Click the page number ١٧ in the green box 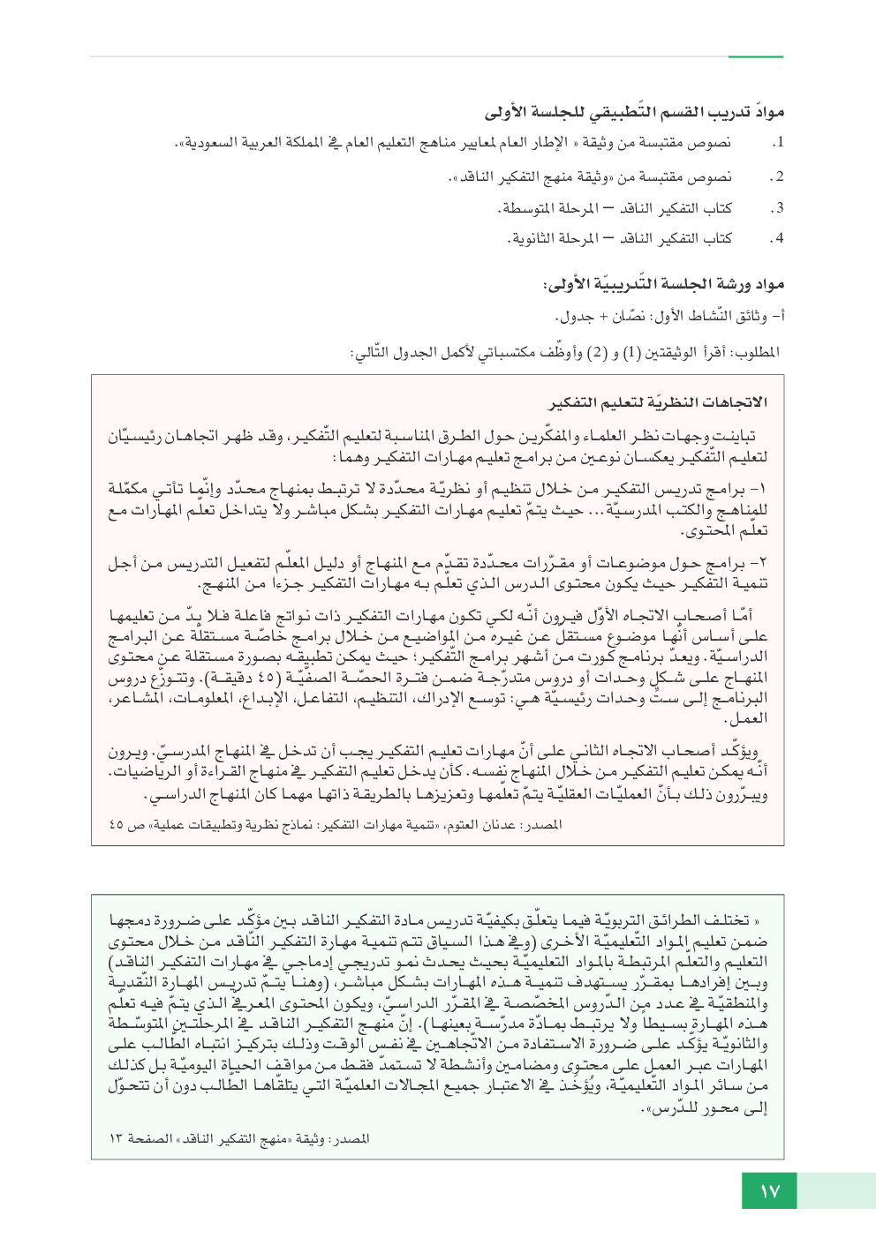click(x=769, y=1191)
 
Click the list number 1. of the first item click(x=777, y=142)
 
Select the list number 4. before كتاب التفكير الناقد click(x=776, y=238)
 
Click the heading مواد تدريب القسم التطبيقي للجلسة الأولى click(x=634, y=113)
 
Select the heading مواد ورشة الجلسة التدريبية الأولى click(x=663, y=284)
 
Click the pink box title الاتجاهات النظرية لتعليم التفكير click(x=658, y=402)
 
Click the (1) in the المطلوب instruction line click(x=631, y=352)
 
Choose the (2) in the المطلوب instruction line click(x=598, y=352)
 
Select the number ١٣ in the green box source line click(x=117, y=1139)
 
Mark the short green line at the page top click(x=756, y=57)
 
